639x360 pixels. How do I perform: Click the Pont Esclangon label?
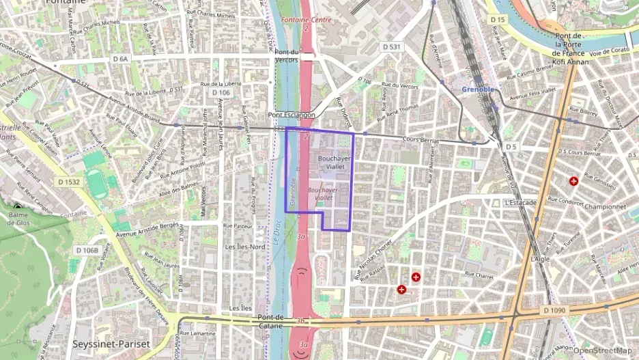pyautogui.click(x=292, y=115)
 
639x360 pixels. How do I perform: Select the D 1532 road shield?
pyautogui.click(x=69, y=182)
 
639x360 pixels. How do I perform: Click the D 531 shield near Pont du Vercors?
pyautogui.click(x=390, y=46)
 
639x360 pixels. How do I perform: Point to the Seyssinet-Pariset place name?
pyautogui.click(x=111, y=344)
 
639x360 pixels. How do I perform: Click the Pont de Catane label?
pyautogui.click(x=271, y=321)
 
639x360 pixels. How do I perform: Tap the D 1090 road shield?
pyautogui.click(x=556, y=310)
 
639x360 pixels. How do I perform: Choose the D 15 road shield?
pyautogui.click(x=498, y=20)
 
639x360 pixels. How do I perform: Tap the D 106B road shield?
pyautogui.click(x=87, y=250)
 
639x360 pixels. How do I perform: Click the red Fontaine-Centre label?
pyautogui.click(x=306, y=20)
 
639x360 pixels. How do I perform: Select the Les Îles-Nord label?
pyautogui.click(x=247, y=247)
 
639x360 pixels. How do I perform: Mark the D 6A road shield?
pyautogui.click(x=119, y=59)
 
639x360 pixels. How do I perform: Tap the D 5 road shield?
pyautogui.click(x=511, y=146)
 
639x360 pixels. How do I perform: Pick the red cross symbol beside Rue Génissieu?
pyautogui.click(x=573, y=181)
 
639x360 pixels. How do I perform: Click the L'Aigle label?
pyautogui.click(x=540, y=260)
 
